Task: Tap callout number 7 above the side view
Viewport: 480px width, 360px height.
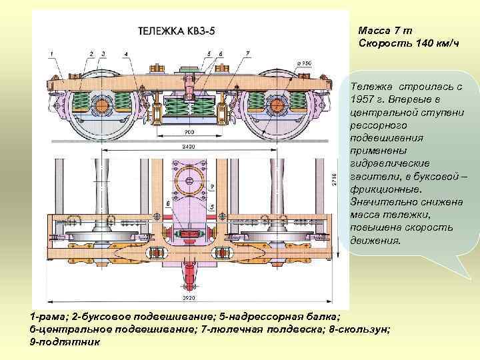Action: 247,53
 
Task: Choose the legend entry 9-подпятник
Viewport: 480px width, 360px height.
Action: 65,342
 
